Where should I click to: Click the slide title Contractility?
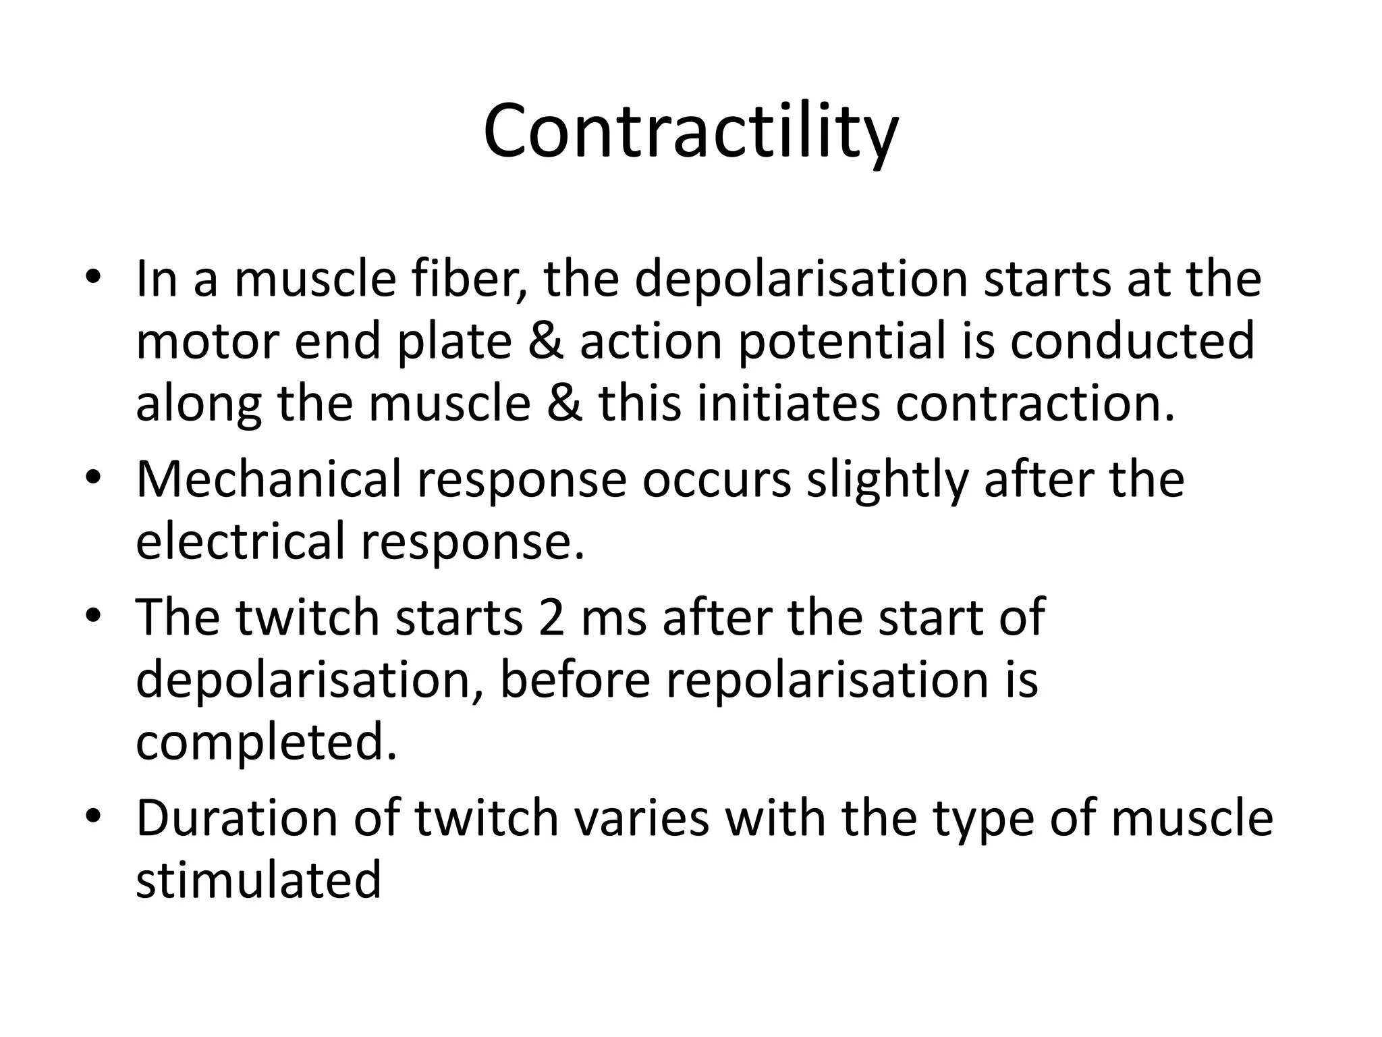(x=690, y=132)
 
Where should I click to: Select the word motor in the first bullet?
(x=206, y=342)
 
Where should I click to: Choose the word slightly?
(x=887, y=479)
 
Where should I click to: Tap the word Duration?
(x=236, y=818)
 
